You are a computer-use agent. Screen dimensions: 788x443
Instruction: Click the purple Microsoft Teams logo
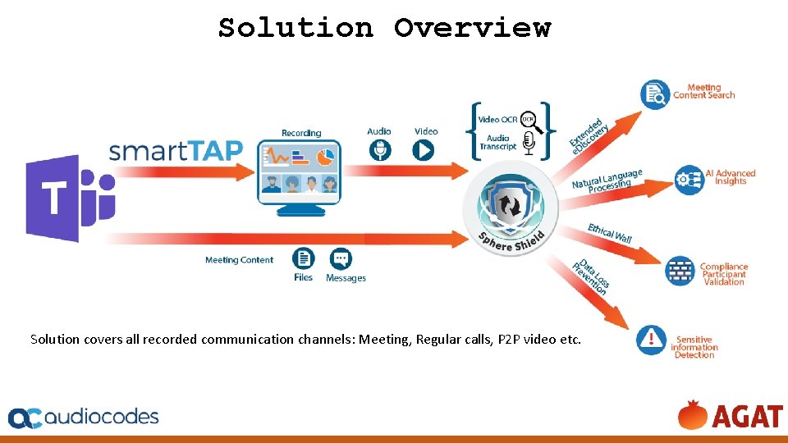click(x=70, y=198)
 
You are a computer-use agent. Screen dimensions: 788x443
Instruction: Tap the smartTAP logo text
click(x=176, y=151)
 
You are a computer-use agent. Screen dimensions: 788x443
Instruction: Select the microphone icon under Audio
click(x=380, y=149)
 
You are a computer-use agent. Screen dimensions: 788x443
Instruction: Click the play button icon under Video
click(x=424, y=149)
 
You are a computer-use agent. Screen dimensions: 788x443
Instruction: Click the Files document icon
click(x=304, y=258)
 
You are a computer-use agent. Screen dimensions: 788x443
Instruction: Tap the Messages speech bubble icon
click(x=341, y=258)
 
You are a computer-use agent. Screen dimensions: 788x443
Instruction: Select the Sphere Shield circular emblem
click(x=511, y=209)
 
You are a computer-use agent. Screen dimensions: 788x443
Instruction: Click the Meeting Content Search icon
click(x=655, y=94)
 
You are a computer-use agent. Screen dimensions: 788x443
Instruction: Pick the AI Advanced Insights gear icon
click(x=688, y=179)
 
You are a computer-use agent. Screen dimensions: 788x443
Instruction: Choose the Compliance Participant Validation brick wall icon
click(x=680, y=271)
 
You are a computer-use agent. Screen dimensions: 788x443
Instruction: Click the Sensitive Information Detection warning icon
click(x=652, y=340)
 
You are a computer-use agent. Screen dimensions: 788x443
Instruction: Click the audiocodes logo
click(x=84, y=417)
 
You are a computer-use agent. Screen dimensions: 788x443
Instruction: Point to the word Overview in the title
click(x=472, y=28)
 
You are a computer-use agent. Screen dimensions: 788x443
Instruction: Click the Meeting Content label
click(x=239, y=260)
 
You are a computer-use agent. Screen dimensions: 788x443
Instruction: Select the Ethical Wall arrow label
click(x=609, y=233)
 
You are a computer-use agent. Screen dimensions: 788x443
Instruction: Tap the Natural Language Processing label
click(x=607, y=181)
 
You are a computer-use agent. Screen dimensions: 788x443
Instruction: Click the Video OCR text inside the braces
click(x=497, y=120)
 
